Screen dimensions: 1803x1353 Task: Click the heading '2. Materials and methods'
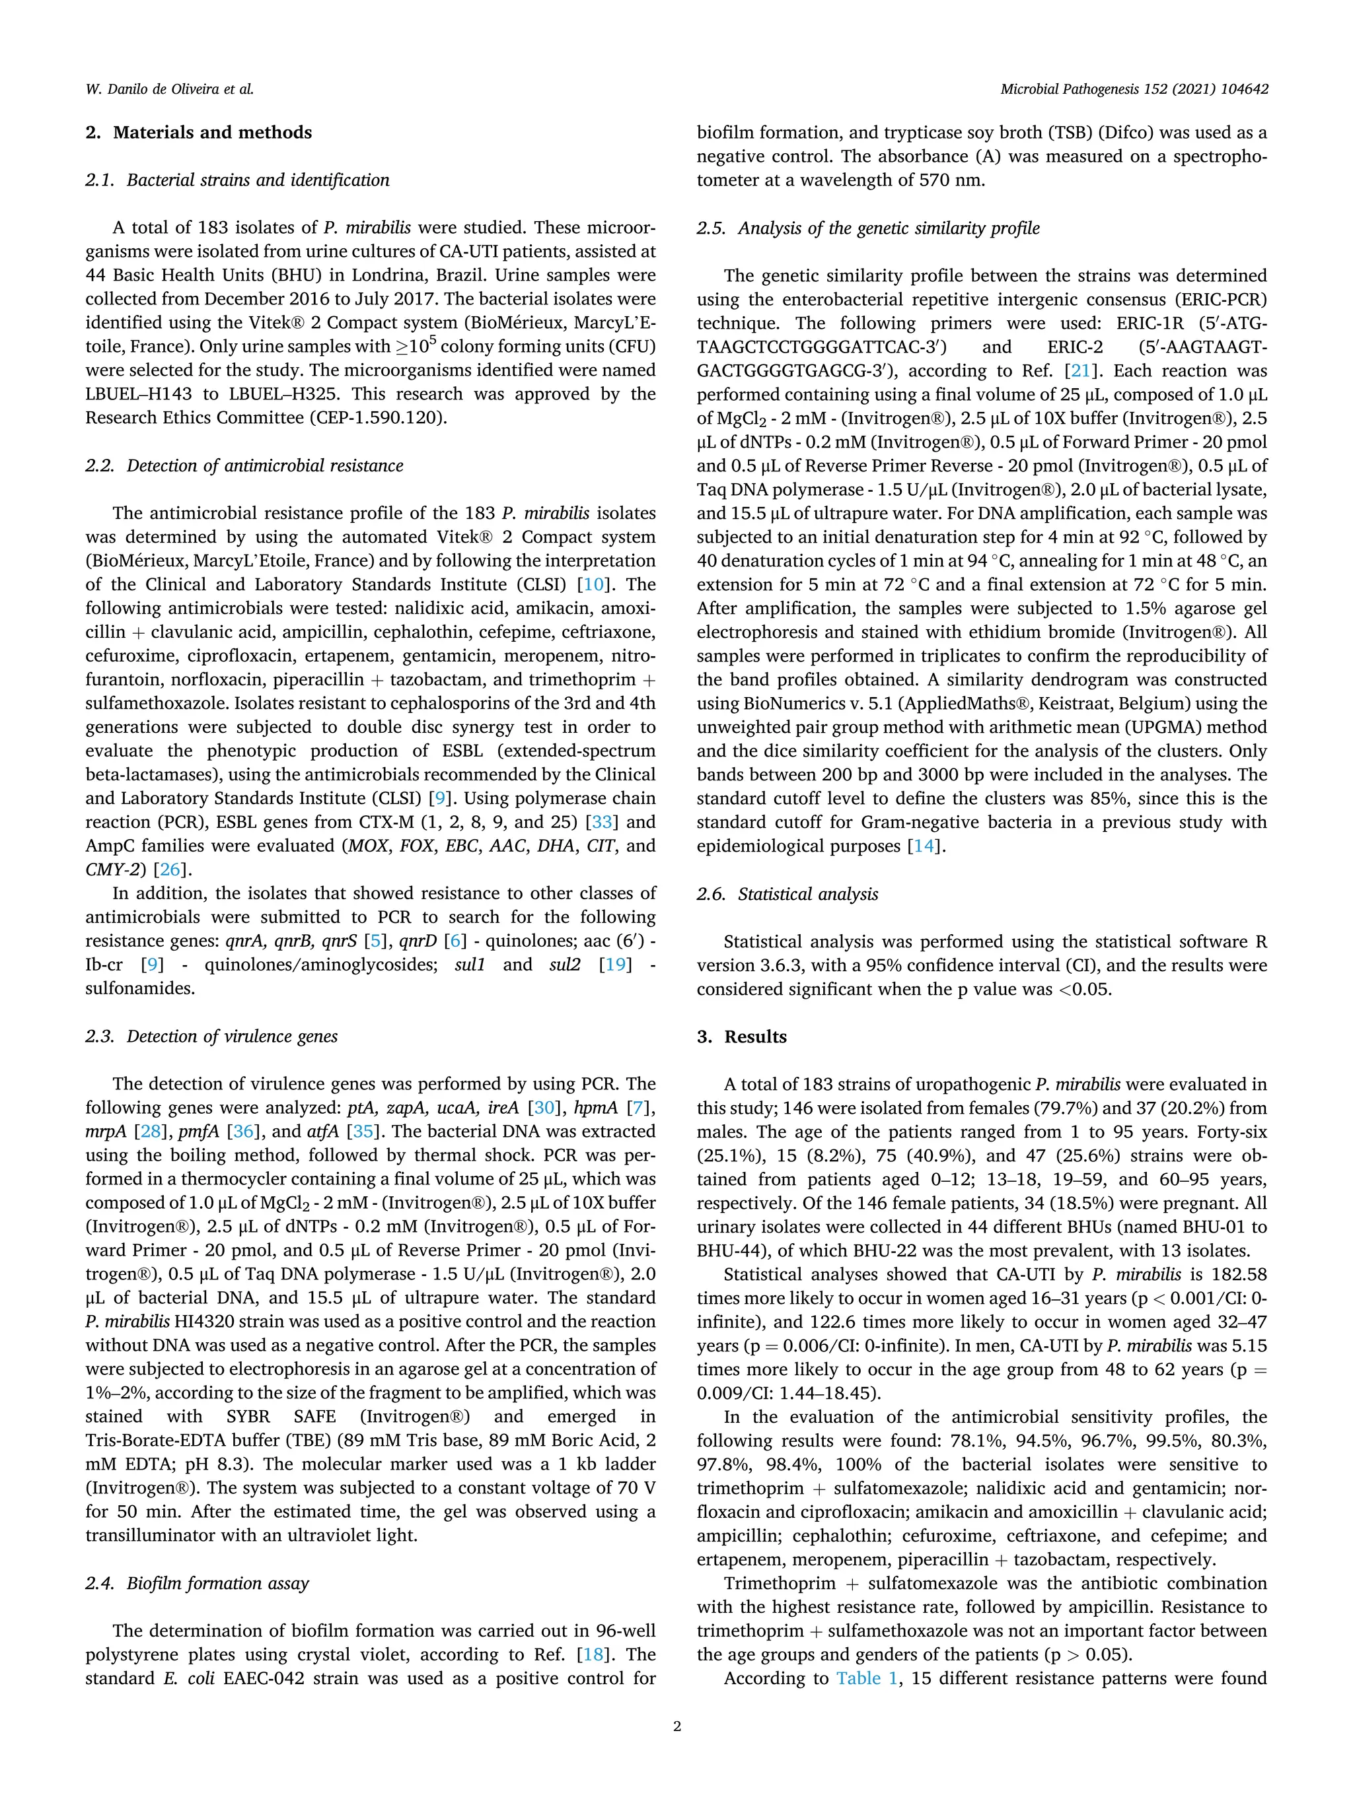[198, 132]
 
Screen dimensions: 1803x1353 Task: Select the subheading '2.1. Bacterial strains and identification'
[237, 180]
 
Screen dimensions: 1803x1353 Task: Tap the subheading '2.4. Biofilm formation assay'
[197, 1583]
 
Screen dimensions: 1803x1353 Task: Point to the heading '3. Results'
[741, 1037]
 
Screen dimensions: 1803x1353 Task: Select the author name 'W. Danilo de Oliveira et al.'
[170, 89]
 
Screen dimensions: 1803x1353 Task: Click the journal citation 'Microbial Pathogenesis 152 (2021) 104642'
[1134, 89]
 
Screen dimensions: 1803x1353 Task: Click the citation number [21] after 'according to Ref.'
[1081, 371]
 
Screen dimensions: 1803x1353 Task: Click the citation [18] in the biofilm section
[593, 1654]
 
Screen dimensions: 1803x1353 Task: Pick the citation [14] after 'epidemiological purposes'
[924, 846]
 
